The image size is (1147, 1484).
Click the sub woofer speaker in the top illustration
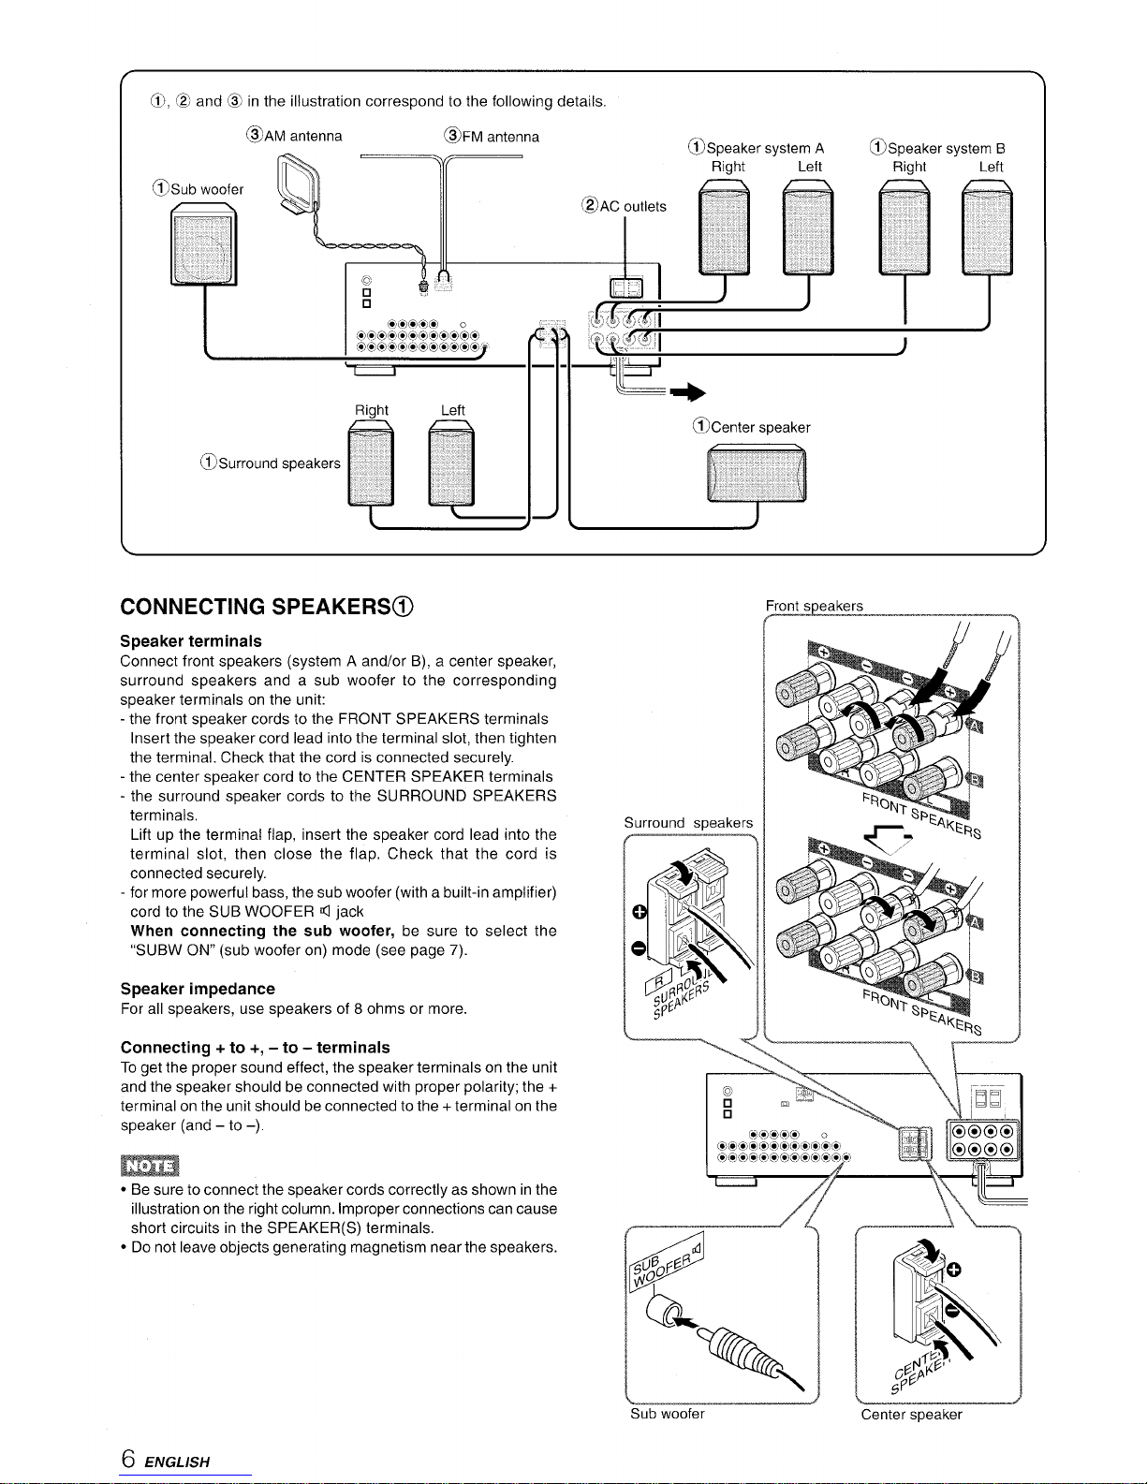click(204, 247)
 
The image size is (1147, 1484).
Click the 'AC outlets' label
click(624, 207)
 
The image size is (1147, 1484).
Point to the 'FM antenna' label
click(493, 137)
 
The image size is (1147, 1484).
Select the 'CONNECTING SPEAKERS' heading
click(267, 607)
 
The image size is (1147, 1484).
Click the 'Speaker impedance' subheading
click(198, 989)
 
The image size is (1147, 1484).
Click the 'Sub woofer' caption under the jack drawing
click(667, 1414)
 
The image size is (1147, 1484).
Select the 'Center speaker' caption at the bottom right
click(911, 1414)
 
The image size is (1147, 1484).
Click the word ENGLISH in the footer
click(179, 1462)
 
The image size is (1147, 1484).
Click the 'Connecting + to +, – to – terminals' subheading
click(255, 1047)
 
